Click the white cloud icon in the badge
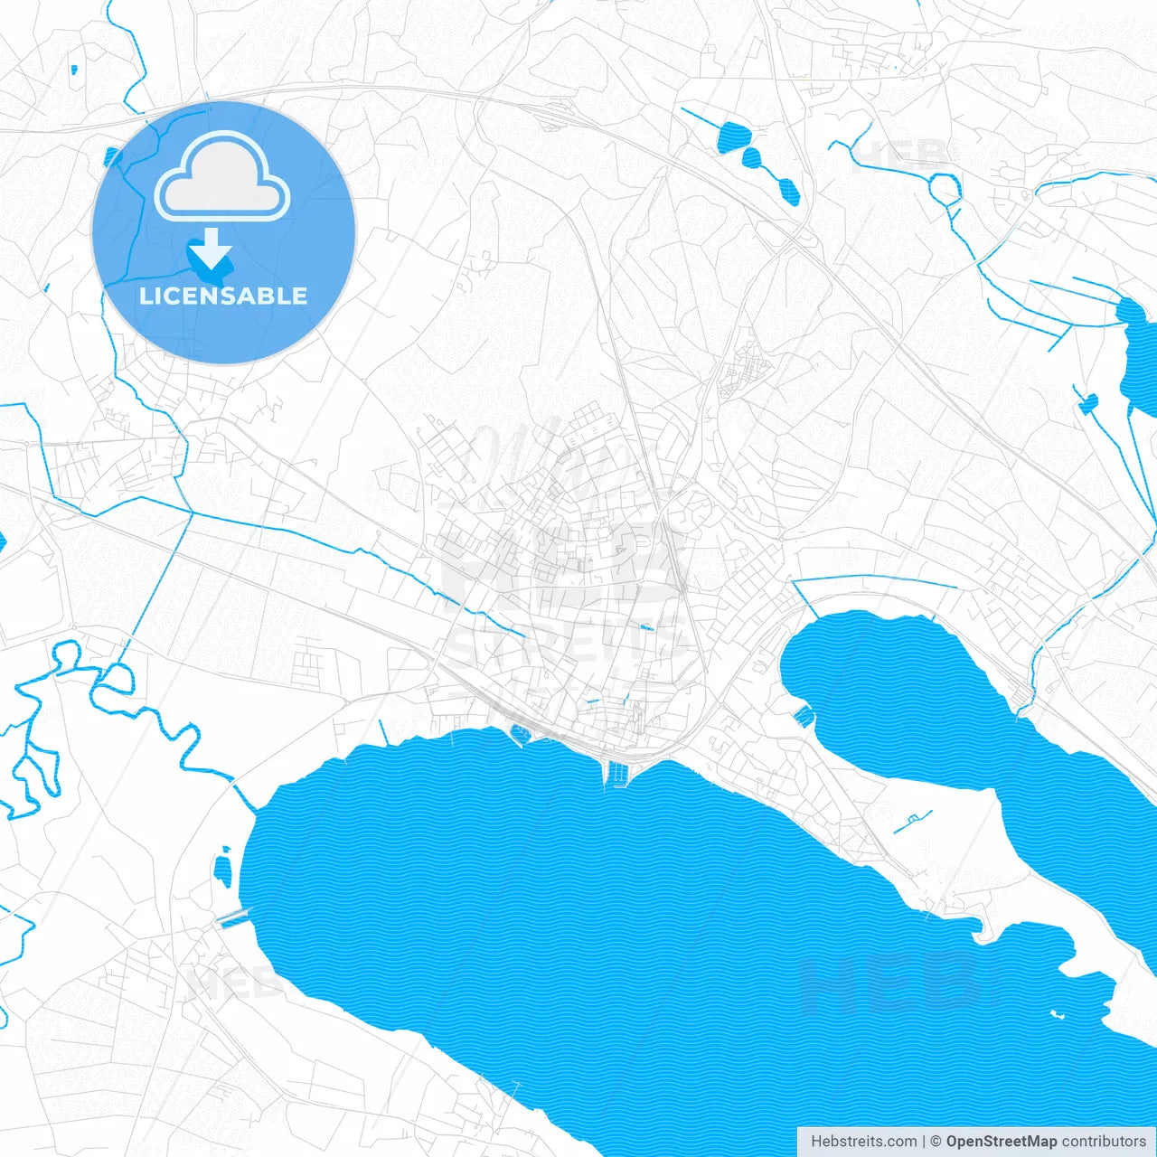[x=222, y=177]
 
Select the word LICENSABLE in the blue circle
[x=223, y=296]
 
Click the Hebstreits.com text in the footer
[x=863, y=1142]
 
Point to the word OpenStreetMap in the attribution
[x=1001, y=1142]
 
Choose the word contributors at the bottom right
[x=1104, y=1142]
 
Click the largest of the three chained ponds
[x=734, y=137]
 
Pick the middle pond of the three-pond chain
[x=752, y=159]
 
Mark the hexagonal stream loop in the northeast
[x=945, y=189]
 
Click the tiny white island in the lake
[x=1056, y=1013]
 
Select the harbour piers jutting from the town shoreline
[x=619, y=773]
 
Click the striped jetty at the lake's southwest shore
[x=232, y=918]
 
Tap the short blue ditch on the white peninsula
[x=912, y=822]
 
